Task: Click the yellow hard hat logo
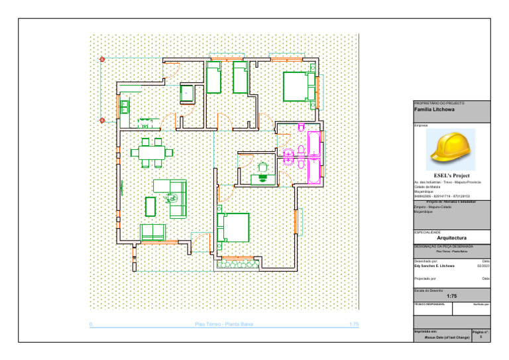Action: coord(451,147)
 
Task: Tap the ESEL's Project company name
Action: coord(451,176)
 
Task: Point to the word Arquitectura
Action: coord(452,237)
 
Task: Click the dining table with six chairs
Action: coord(152,152)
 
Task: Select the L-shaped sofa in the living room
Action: coord(174,198)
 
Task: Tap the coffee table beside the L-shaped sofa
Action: coord(150,206)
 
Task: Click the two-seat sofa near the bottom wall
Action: coord(152,232)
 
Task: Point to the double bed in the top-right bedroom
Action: coord(298,86)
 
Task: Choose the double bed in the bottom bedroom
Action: coord(233,227)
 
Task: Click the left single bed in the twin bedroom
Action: coord(213,78)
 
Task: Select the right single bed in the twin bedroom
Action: coord(239,78)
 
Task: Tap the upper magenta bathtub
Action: coord(313,145)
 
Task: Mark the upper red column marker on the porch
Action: coord(102,60)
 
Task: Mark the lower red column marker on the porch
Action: coord(102,120)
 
